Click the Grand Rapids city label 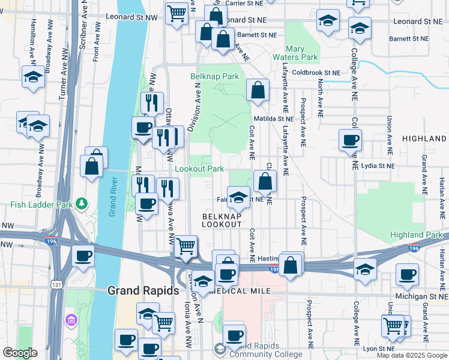pos(143,290)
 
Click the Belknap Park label pos(214,77)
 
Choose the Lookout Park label pos(199,169)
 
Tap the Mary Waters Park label pos(301,53)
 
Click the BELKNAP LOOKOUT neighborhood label pos(221,220)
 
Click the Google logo pos(20,353)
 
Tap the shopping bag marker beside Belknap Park pos(258,91)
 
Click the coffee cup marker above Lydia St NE pos(349,140)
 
